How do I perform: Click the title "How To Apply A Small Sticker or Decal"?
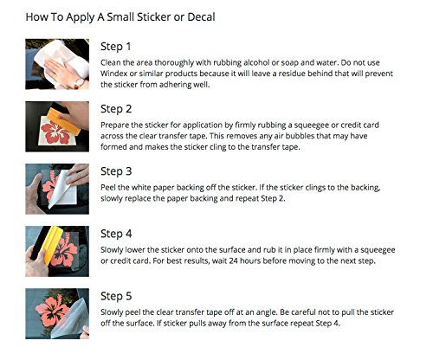coord(120,17)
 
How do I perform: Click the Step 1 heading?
coord(116,47)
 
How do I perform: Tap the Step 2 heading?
coord(116,109)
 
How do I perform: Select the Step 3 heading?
coord(116,171)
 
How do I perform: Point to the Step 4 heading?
coord(116,234)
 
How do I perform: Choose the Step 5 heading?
coord(116,296)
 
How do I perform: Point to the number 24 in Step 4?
coord(234,260)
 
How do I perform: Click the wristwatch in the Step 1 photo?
coord(79,82)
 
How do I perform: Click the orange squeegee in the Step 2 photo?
coord(64,121)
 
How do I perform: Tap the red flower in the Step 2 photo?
coord(55,133)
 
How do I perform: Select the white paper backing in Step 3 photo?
coord(62,189)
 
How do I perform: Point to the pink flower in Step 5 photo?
coord(53,310)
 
